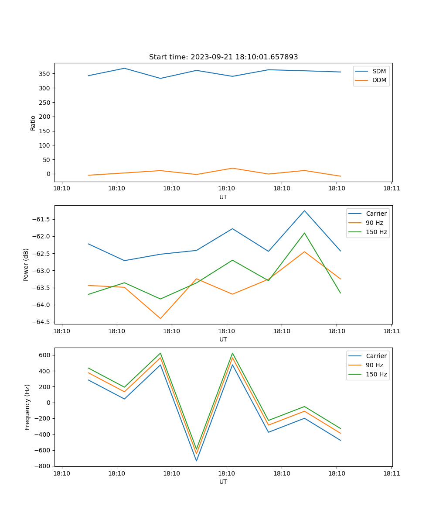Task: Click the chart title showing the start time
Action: coord(223,57)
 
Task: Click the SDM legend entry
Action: coord(379,71)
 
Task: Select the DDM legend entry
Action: coord(379,80)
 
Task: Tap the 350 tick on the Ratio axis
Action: coord(45,74)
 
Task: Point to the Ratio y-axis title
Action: coord(33,123)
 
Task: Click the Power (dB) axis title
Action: coord(26,265)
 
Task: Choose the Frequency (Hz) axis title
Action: coord(27,407)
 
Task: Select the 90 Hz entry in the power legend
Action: coord(374,223)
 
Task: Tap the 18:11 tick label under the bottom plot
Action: coord(391,473)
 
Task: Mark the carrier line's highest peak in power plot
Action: coord(304,211)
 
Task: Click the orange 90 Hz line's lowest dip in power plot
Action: coord(160,318)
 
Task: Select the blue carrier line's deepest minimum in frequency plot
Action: coord(196,461)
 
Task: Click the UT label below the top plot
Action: coord(223,197)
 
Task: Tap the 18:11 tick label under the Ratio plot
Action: coord(391,189)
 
